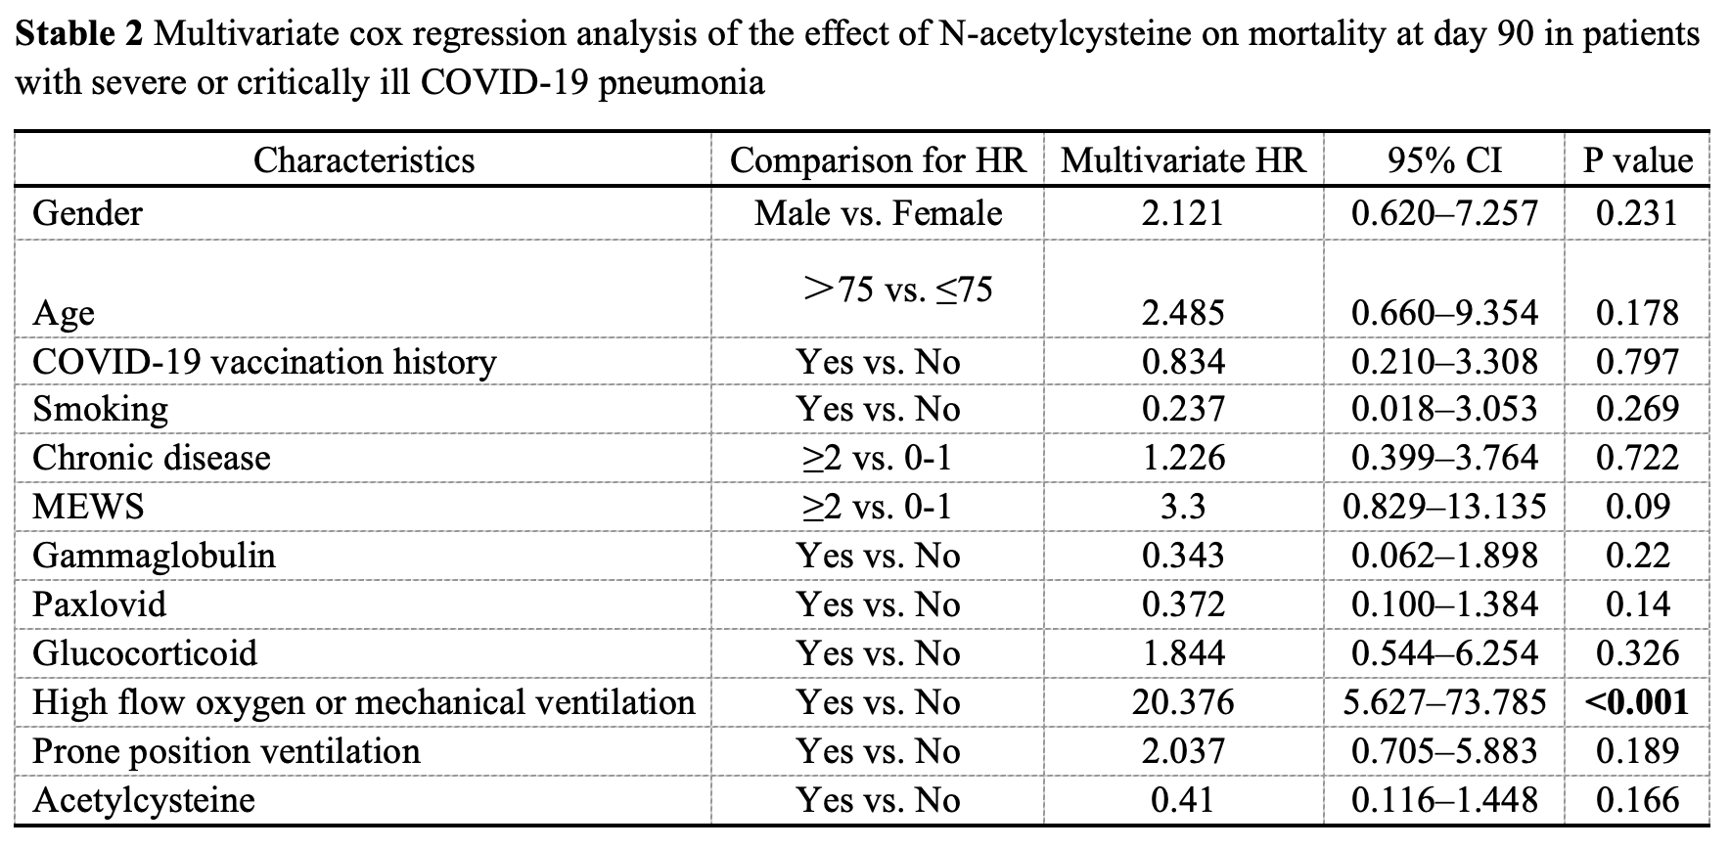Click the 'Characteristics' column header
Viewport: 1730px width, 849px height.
[x=364, y=160]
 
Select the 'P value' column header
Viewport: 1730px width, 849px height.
[x=1638, y=160]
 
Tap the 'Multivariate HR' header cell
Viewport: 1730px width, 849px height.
[x=1183, y=160]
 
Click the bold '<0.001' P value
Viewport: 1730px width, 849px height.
[x=1637, y=702]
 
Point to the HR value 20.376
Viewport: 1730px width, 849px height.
[x=1183, y=702]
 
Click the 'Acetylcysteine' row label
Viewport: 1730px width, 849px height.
[x=144, y=800]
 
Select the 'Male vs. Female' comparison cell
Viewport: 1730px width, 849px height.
[x=878, y=213]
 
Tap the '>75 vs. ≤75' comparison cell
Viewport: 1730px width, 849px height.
[x=897, y=289]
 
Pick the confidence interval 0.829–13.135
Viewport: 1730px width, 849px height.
[x=1444, y=507]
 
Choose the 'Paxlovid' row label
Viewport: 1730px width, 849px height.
[x=99, y=604]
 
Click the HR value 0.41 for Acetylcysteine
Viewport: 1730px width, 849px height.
[x=1183, y=800]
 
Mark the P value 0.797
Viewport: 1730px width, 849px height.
[x=1637, y=362]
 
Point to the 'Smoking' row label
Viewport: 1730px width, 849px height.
[x=100, y=409]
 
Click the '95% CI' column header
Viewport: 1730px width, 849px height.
[x=1443, y=160]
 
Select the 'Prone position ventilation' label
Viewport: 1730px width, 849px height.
[x=226, y=751]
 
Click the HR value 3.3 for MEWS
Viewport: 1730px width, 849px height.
[x=1183, y=507]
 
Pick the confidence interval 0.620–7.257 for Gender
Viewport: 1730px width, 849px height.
[x=1444, y=213]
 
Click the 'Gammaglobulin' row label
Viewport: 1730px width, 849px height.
[x=154, y=556]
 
